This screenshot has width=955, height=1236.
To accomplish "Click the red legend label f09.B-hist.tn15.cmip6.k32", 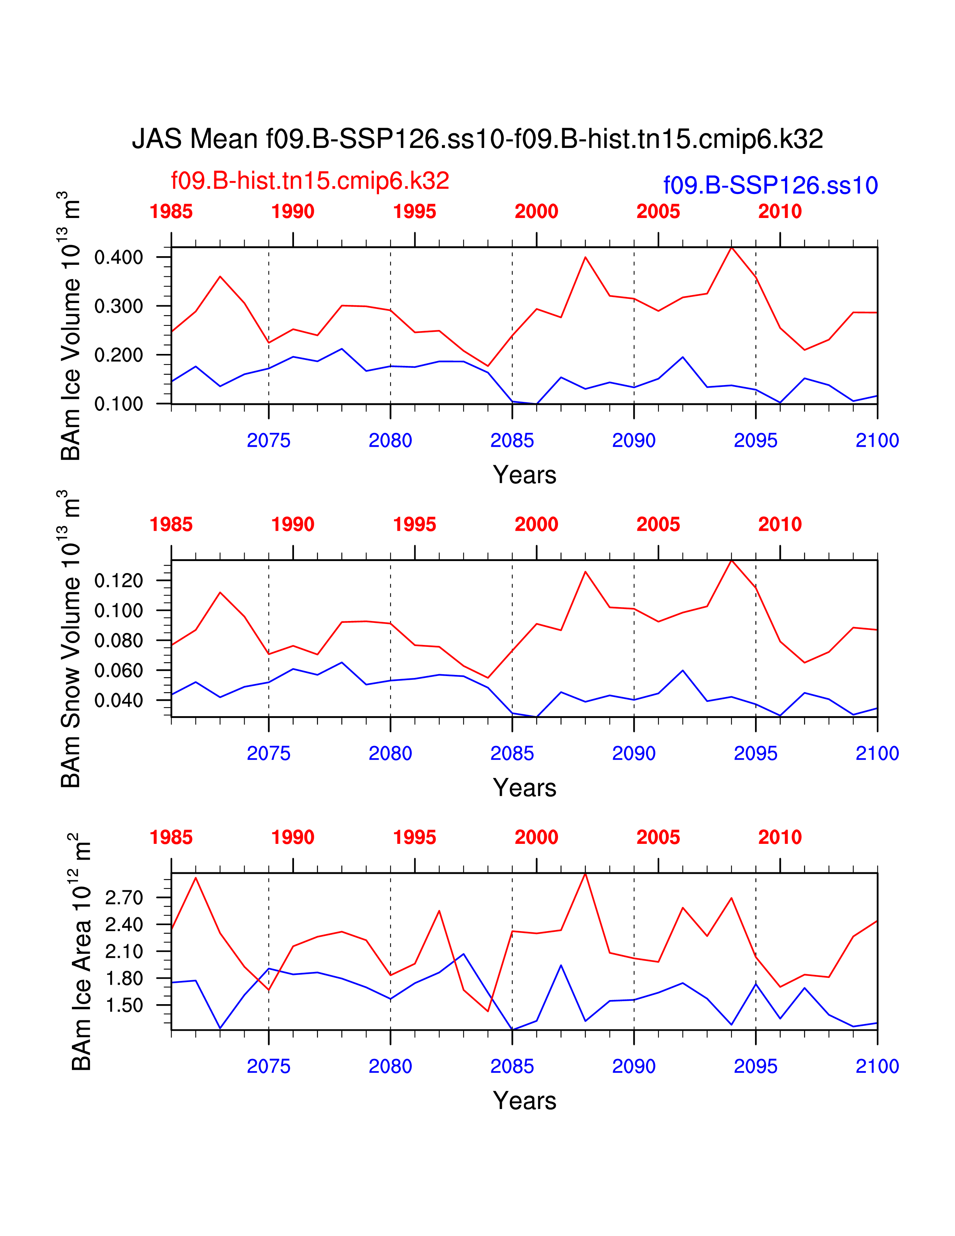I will tap(310, 181).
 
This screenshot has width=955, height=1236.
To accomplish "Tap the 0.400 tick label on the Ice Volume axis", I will tap(119, 258).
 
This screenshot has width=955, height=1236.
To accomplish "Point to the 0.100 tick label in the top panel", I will tap(119, 404).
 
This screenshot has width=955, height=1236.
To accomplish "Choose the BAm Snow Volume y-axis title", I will tap(71, 639).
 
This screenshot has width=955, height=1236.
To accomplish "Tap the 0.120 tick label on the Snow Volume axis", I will tap(119, 581).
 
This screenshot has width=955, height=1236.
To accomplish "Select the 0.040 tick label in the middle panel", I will tap(119, 701).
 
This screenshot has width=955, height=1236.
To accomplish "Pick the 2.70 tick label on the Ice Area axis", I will tap(124, 897).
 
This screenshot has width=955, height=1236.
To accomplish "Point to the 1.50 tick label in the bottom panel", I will tap(124, 1006).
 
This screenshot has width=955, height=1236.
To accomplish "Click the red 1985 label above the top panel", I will tap(171, 212).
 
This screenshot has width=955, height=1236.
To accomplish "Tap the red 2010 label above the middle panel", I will tap(780, 525).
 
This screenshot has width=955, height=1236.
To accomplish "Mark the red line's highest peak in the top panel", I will tap(731, 247).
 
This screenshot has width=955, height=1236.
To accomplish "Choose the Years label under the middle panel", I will tap(524, 788).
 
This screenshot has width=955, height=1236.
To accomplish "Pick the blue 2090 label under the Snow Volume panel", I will tap(634, 754).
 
